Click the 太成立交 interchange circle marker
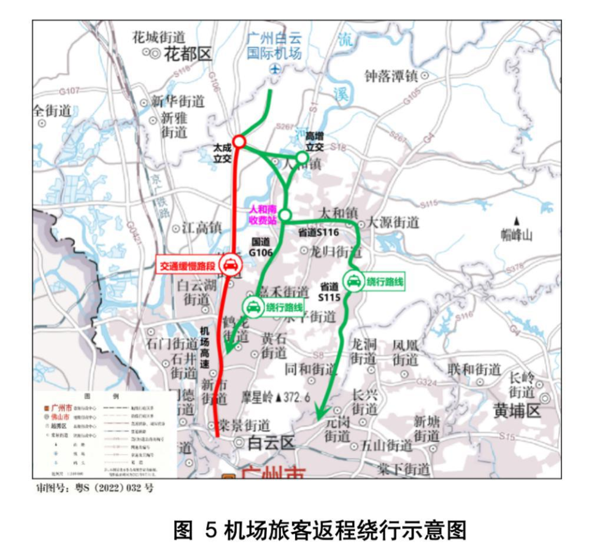click(x=239, y=142)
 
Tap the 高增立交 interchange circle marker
click(x=302, y=158)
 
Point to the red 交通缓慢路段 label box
click(x=187, y=266)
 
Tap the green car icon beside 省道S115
click(x=353, y=281)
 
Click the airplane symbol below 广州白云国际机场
click(x=274, y=69)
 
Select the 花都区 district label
click(x=188, y=54)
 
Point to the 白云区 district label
click(x=271, y=443)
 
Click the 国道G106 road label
click(x=260, y=247)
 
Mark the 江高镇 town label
click(x=201, y=228)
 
